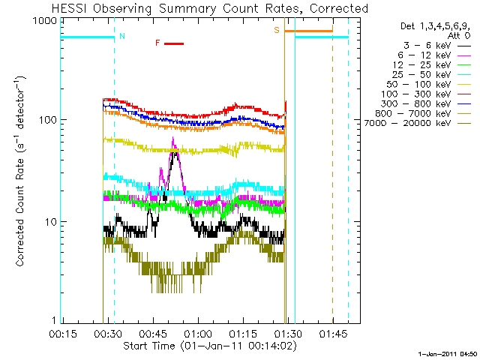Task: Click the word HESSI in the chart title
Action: point(70,8)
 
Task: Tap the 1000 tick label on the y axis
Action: point(45,21)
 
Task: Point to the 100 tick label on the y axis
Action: point(48,120)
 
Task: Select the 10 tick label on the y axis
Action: point(51,222)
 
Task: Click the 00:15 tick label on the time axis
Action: point(63,333)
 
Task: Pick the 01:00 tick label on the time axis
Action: point(198,333)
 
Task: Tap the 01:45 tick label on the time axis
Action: point(333,333)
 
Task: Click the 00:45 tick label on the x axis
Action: point(153,333)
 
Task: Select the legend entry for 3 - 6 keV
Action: point(436,46)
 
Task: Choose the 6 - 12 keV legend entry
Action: point(434,55)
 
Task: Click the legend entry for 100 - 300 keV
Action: point(425,94)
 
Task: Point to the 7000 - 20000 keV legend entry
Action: point(418,123)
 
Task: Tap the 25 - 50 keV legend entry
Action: point(431,75)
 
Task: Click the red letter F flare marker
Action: point(157,43)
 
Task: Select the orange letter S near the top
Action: point(277,30)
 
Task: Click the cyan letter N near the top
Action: point(122,36)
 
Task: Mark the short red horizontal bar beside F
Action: point(174,43)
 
